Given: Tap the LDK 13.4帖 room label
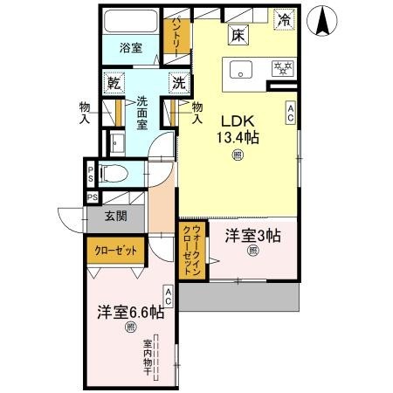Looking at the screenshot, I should click(x=237, y=128).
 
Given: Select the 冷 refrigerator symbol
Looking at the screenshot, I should click(x=284, y=18).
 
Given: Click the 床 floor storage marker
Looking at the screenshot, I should click(x=238, y=35).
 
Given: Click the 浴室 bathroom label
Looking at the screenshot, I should click(x=131, y=49).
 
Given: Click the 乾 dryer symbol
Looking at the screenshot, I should click(x=114, y=84).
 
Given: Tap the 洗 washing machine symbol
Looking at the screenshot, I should click(x=178, y=84).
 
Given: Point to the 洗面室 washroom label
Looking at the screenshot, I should click(x=142, y=114).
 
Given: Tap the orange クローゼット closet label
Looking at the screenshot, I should click(x=116, y=252).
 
